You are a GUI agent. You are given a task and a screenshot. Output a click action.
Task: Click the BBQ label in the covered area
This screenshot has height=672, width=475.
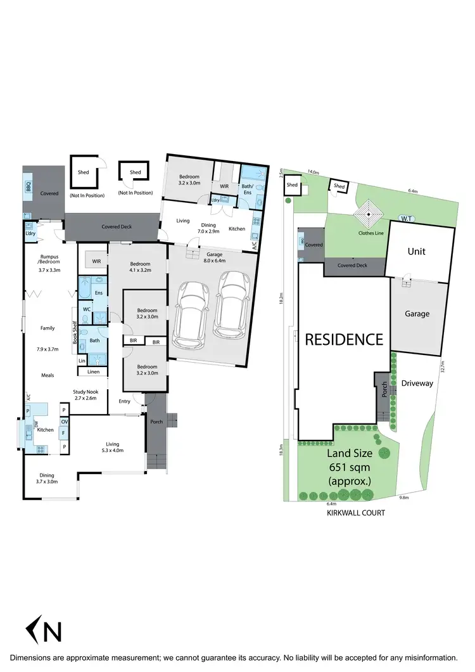tap(28, 186)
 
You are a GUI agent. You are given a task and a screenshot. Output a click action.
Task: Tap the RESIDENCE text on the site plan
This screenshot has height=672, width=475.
tap(344, 339)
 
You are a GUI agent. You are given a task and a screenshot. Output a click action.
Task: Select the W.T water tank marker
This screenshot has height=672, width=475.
tap(407, 219)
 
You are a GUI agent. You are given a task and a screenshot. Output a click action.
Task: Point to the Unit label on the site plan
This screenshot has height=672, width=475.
tap(416, 251)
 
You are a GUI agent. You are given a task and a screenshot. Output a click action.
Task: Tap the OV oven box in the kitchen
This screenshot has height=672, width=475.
tap(65, 422)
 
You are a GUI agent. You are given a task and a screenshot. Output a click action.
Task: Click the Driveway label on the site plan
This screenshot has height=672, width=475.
tap(417, 383)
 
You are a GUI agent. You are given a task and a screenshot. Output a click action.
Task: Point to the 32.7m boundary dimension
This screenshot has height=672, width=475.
tap(443, 368)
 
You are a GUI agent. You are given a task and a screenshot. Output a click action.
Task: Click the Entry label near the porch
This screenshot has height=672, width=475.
tap(123, 401)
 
